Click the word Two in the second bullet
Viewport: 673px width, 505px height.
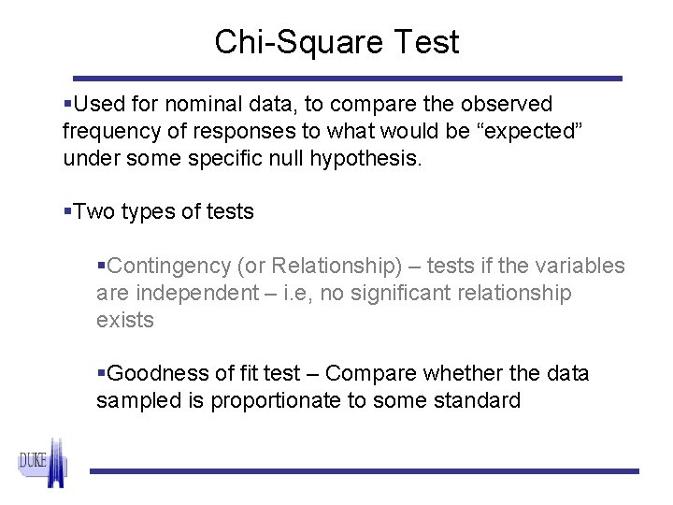pyautogui.click(x=93, y=212)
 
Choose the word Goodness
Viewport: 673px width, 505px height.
pyautogui.click(x=151, y=374)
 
